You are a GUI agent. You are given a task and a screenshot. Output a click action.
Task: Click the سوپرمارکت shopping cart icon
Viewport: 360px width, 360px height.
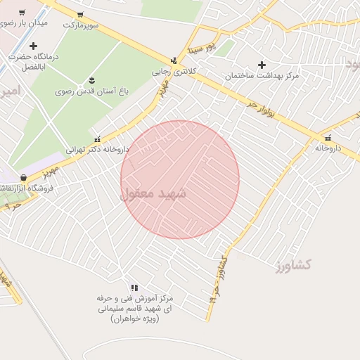[79, 14]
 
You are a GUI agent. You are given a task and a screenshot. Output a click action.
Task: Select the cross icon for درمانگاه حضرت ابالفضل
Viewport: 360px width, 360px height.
[33, 46]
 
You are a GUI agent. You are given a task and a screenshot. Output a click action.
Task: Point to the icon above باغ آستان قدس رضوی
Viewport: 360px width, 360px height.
[92, 79]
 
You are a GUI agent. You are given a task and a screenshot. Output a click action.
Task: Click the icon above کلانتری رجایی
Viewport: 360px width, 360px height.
[174, 60]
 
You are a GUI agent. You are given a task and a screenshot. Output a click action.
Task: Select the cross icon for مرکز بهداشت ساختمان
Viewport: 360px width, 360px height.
[262, 65]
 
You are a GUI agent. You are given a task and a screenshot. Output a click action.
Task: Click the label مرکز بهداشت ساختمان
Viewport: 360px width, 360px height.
[262, 75]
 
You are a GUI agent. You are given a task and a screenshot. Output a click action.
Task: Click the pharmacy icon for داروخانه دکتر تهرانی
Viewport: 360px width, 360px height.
[97, 139]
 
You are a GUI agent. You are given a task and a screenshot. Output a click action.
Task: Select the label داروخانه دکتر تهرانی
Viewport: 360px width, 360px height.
[98, 149]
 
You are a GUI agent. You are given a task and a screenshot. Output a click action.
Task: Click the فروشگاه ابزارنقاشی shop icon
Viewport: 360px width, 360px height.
[24, 177]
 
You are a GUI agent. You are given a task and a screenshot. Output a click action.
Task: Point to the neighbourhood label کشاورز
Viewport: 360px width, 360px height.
[294, 265]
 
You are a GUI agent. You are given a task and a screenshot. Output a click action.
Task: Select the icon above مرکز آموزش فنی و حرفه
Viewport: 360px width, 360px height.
[134, 288]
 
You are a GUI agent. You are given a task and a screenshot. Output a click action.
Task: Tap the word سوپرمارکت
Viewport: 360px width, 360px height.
[80, 25]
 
